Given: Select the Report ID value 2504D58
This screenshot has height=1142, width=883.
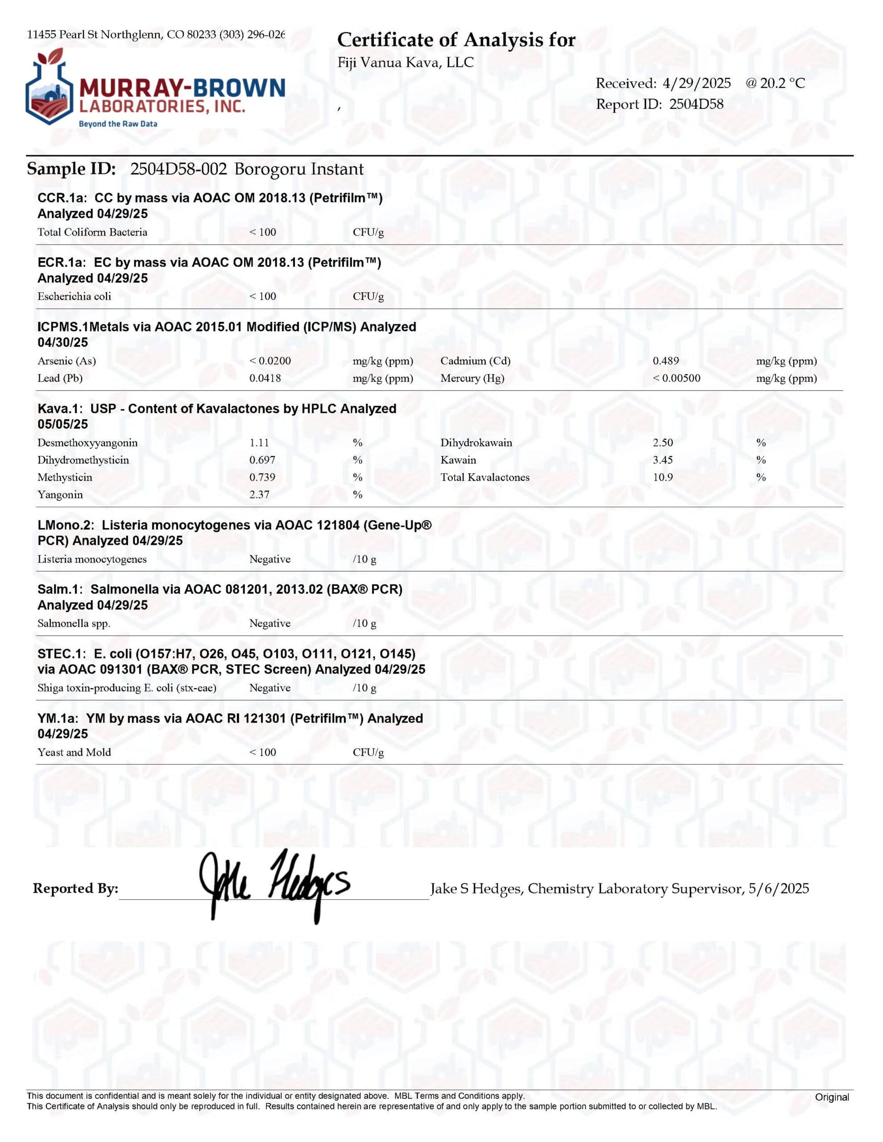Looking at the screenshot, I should [697, 104].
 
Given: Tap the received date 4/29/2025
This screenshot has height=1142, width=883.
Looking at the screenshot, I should [697, 83].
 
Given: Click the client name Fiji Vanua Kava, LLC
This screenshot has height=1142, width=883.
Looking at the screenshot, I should [405, 63].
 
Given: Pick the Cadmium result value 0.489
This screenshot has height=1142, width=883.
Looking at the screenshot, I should [666, 361].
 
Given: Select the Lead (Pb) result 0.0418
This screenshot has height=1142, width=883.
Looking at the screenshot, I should [265, 378].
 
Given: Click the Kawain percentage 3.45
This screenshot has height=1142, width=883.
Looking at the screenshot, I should [662, 460].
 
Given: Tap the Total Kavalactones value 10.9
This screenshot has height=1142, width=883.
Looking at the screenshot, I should [662, 477].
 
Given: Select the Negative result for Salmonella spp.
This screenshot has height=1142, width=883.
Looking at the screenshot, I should [270, 623].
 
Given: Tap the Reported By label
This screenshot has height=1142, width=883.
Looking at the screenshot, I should [75, 888].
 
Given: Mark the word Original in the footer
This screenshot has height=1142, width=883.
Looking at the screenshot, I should [831, 1097].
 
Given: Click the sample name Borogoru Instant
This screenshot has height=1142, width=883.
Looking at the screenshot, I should [299, 169].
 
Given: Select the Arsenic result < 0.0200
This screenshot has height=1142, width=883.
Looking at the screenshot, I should [270, 361].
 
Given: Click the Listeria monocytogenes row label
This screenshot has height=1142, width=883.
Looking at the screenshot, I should [92, 559].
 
